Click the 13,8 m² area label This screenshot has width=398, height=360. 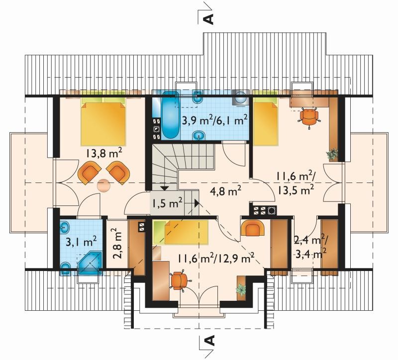coord(104,154)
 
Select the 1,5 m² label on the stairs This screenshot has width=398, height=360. coord(167,203)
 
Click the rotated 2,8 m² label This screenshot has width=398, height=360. coord(116,243)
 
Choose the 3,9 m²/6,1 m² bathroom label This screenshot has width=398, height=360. coord(215,120)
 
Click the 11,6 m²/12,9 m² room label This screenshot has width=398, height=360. coord(216,258)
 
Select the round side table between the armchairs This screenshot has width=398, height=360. coord(104,185)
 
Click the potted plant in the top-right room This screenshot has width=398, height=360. coord(332,154)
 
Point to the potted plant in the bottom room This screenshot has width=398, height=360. coord(241,289)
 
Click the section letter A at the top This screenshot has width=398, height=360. coord(208,19)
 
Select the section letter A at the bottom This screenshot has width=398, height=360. coord(209,341)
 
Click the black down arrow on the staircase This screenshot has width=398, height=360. coord(165,188)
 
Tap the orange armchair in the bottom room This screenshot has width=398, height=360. coord(252,228)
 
